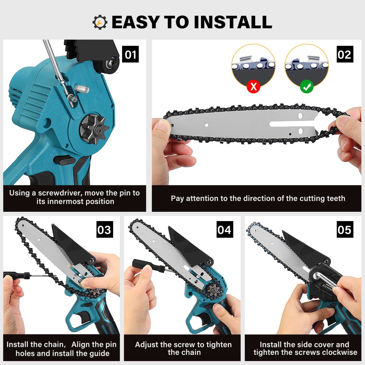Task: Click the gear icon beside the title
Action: [100, 22]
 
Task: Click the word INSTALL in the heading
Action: [233, 22]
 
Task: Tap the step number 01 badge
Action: [130, 54]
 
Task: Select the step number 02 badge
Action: [345, 54]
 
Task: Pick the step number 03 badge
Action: [105, 229]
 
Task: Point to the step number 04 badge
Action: [225, 229]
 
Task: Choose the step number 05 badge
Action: [345, 229]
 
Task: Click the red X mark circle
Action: [253, 87]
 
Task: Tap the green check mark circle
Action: [307, 87]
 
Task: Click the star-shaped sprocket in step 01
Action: [94, 128]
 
